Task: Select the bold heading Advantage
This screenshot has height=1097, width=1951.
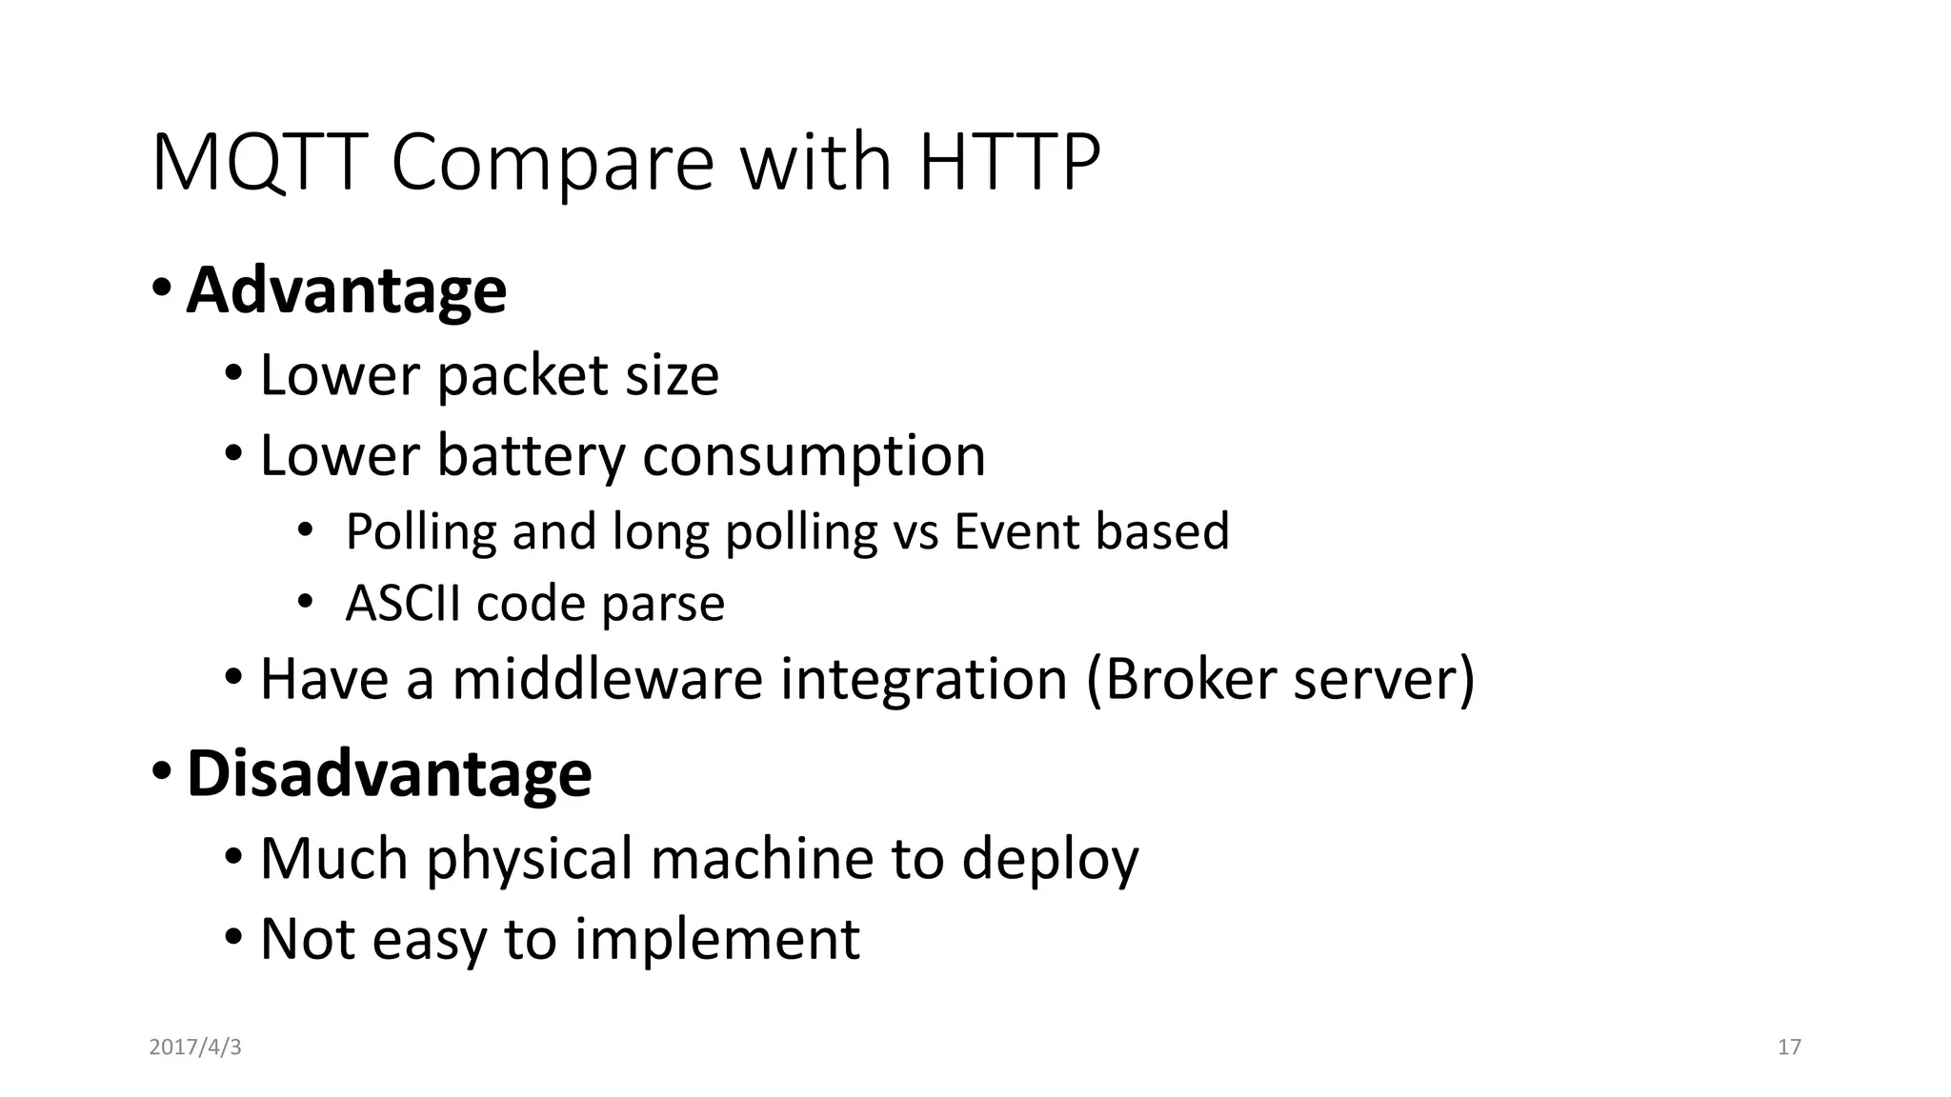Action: point(346,289)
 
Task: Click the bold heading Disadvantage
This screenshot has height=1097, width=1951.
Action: point(389,772)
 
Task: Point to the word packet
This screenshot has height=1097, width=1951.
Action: point(522,375)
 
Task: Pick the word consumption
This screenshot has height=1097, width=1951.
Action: point(814,457)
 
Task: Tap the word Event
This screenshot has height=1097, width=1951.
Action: point(1016,530)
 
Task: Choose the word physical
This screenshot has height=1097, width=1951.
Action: point(529,859)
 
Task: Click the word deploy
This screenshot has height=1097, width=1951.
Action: point(1050,859)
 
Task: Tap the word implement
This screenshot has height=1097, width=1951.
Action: point(717,940)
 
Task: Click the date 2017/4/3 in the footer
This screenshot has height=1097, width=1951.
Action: point(195,1047)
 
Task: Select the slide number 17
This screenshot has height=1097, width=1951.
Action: point(1789,1047)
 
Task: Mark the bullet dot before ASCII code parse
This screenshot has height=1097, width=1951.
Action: point(304,602)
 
